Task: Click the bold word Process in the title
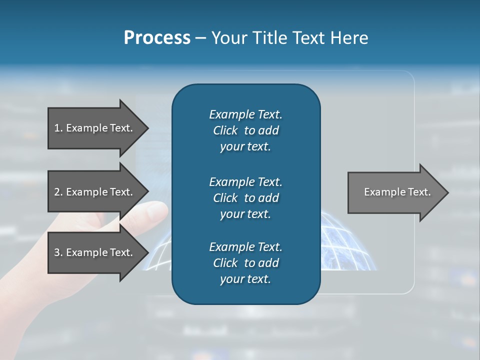(x=157, y=38)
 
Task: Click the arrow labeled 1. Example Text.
(x=95, y=128)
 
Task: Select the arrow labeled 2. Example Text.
(x=95, y=192)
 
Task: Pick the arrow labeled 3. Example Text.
(x=95, y=252)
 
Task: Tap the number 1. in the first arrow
(x=58, y=128)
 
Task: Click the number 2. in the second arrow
(x=58, y=192)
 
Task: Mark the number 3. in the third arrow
(x=58, y=252)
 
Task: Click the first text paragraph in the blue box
(x=245, y=130)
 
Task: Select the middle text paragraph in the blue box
(x=245, y=198)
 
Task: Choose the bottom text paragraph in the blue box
(x=245, y=263)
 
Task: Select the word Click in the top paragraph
(x=225, y=130)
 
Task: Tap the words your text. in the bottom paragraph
(x=245, y=279)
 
